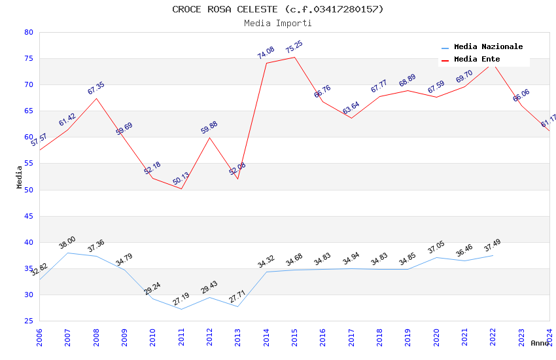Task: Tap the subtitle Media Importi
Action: coord(278,23)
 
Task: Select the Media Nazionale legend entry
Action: coord(488,47)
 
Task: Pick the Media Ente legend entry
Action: coord(476,60)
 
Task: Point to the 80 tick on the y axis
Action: coord(28,32)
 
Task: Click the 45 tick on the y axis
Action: coord(28,216)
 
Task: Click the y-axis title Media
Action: coord(20,177)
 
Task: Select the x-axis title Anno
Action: coord(540,343)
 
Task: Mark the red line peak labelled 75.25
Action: coord(294,57)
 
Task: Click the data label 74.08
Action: coord(266,53)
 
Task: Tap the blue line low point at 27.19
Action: coord(181,309)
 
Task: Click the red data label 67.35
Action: coord(96,88)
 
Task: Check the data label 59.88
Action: coord(209,128)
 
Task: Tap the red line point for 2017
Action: coord(351,118)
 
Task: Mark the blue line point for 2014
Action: coord(266,272)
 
